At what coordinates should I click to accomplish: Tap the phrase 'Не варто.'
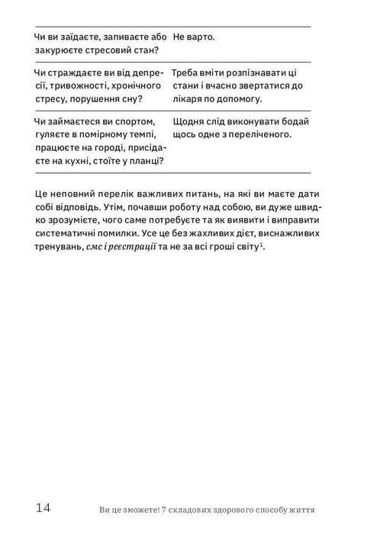point(194,37)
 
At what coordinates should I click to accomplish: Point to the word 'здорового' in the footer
point(240,511)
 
